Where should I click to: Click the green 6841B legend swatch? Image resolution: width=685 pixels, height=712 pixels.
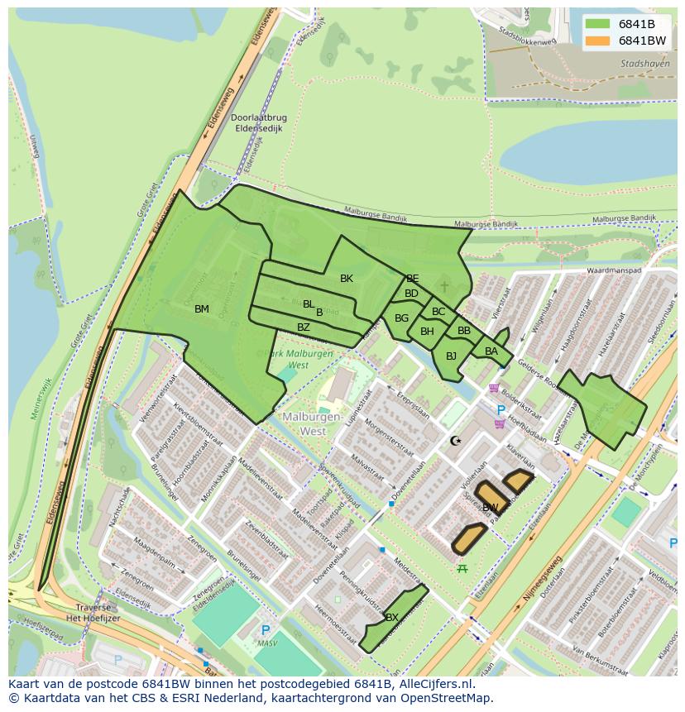coord(598,23)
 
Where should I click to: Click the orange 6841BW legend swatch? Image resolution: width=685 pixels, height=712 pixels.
coord(598,40)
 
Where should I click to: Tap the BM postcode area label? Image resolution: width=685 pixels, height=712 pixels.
coord(202,309)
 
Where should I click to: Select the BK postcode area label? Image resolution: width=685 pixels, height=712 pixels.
coord(347,279)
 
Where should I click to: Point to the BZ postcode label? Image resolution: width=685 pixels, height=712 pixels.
coord(304,327)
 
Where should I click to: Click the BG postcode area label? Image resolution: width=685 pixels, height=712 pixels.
coord(401,318)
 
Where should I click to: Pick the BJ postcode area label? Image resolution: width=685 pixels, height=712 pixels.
coord(451,356)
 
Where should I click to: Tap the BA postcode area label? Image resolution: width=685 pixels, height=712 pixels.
coord(491,351)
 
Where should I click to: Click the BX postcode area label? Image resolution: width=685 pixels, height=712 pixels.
coord(392,618)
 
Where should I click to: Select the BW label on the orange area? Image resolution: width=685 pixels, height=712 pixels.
coord(491,507)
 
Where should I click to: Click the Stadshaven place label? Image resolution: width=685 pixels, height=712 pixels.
coord(644,63)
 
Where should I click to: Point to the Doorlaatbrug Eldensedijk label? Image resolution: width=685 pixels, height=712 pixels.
coord(259,123)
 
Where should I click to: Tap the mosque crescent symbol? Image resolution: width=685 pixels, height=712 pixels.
coord(455,441)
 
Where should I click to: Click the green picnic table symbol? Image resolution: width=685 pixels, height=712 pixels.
coord(462,568)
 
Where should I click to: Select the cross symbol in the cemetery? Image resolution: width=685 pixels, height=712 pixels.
coord(444,286)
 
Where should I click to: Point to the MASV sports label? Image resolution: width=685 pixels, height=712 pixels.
coord(266,643)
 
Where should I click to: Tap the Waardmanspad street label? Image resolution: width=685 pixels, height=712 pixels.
coord(614,270)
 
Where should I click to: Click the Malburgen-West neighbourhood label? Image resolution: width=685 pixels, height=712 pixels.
coord(312,424)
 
